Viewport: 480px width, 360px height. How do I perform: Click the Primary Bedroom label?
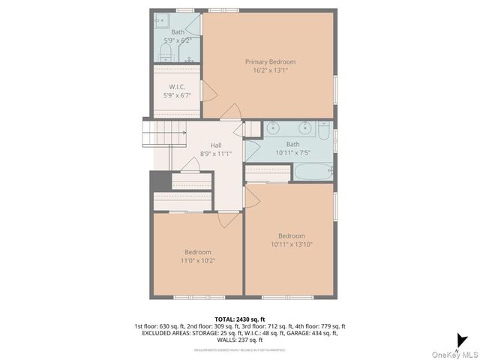[x=270, y=61]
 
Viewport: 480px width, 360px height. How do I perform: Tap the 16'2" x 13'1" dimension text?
[x=270, y=70]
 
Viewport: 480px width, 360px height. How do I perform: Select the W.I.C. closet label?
[x=178, y=87]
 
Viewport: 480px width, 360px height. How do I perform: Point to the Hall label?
[x=216, y=145]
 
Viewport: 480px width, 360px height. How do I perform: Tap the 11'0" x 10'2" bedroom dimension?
[x=198, y=260]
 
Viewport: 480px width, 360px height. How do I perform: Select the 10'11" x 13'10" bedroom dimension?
[x=291, y=244]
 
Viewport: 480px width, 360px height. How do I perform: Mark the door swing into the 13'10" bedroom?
[x=253, y=197]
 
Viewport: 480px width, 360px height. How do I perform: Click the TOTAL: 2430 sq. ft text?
[x=239, y=319]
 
